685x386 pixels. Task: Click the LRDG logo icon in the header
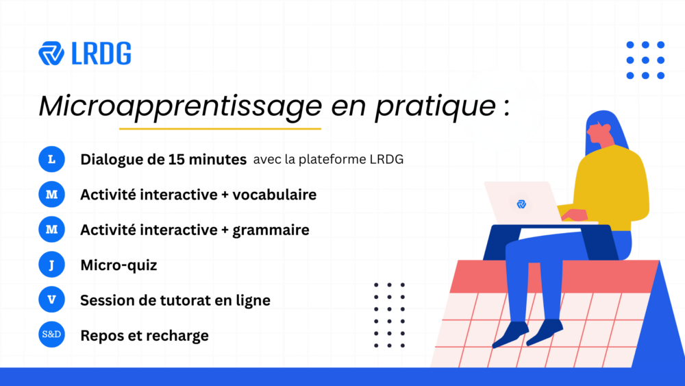point(52,53)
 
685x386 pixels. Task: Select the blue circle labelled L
point(51,160)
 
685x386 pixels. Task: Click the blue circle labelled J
point(51,265)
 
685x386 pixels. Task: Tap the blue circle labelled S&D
point(51,335)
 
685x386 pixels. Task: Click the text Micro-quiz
point(119,265)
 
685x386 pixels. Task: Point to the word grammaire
point(271,230)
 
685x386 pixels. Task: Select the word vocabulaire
point(274,195)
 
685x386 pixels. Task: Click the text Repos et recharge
point(145,336)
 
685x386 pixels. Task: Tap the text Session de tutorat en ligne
point(175,300)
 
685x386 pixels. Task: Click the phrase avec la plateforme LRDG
point(328,160)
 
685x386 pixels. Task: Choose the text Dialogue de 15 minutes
point(163,160)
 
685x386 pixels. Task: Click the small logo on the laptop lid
point(521,204)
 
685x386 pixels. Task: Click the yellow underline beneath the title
point(220,128)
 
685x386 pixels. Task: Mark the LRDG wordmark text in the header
point(101,53)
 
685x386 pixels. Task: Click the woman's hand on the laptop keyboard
point(573,215)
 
